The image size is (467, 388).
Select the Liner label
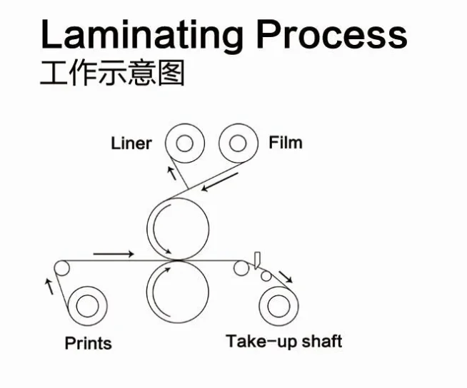[131, 143]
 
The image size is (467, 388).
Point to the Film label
[285, 143]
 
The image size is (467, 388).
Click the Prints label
[88, 343]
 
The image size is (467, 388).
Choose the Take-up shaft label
[283, 341]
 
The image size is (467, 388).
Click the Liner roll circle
[184, 144]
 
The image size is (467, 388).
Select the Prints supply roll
[88, 305]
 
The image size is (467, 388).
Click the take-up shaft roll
[279, 305]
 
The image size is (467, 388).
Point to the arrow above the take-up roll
[285, 275]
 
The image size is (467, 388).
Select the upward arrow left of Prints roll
[49, 287]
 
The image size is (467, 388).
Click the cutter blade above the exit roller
[256, 257]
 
